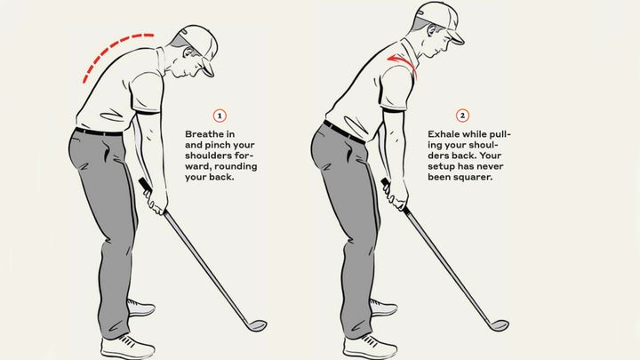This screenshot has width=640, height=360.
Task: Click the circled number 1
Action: coord(220,116)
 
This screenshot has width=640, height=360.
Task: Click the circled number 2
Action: coord(462,116)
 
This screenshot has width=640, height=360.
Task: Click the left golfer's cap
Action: coord(196,40)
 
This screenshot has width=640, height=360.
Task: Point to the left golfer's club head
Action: coord(255,324)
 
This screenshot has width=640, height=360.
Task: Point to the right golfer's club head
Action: coord(499,325)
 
